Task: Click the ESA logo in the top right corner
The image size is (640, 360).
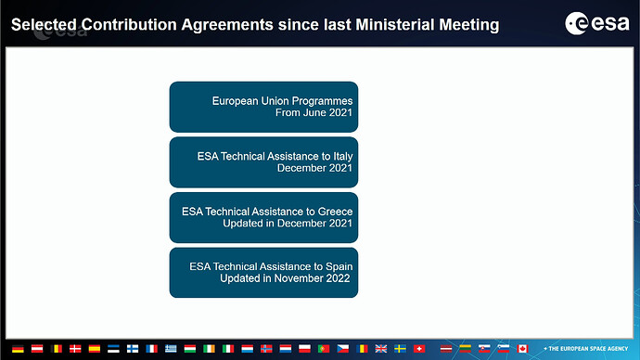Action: click(x=596, y=23)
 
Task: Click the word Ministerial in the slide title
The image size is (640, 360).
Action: click(x=395, y=24)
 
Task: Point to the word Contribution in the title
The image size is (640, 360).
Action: click(x=129, y=24)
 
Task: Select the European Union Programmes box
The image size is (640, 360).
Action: click(x=263, y=107)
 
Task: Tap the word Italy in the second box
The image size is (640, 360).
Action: click(x=343, y=157)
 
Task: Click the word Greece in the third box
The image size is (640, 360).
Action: click(x=335, y=212)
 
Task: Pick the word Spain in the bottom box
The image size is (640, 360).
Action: click(x=339, y=267)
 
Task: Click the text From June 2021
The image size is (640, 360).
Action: click(x=314, y=112)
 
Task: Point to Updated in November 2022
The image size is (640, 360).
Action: click(x=285, y=278)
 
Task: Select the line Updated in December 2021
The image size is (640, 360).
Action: click(x=288, y=224)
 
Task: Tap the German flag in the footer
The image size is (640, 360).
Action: click(x=18, y=349)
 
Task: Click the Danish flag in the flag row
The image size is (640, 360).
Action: click(x=75, y=349)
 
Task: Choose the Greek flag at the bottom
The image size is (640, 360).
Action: click(x=171, y=349)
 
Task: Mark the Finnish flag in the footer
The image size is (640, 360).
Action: click(x=133, y=349)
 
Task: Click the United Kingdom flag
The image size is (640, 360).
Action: click(x=381, y=349)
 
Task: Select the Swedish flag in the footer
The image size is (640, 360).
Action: click(x=400, y=349)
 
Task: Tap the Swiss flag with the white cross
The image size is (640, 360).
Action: click(x=419, y=349)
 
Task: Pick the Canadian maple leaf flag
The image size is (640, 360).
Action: click(x=522, y=349)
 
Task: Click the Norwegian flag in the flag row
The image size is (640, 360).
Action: click(x=266, y=349)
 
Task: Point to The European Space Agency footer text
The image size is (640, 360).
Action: click(x=585, y=349)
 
